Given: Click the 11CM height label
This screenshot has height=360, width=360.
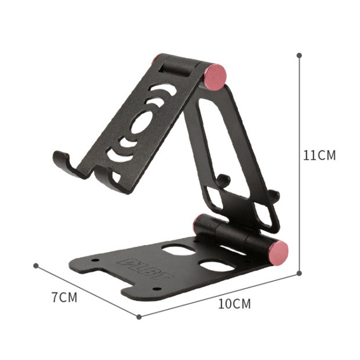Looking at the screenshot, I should click(x=319, y=156).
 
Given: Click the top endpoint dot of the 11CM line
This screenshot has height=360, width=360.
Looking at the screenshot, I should click(x=299, y=56).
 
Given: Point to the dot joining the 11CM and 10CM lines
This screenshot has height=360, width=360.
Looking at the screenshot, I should click(x=299, y=273).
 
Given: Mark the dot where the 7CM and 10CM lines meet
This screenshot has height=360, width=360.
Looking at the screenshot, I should click(x=139, y=316).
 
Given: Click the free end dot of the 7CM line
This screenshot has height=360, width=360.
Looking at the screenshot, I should click(x=36, y=265).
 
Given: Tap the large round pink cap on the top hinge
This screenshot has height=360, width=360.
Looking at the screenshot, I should click(x=215, y=77).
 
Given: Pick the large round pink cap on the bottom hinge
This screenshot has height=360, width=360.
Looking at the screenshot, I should click(x=278, y=251).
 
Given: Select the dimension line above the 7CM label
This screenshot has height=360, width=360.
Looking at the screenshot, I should click(x=86, y=290).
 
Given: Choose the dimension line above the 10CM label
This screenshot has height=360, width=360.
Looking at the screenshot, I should click(x=218, y=295).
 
